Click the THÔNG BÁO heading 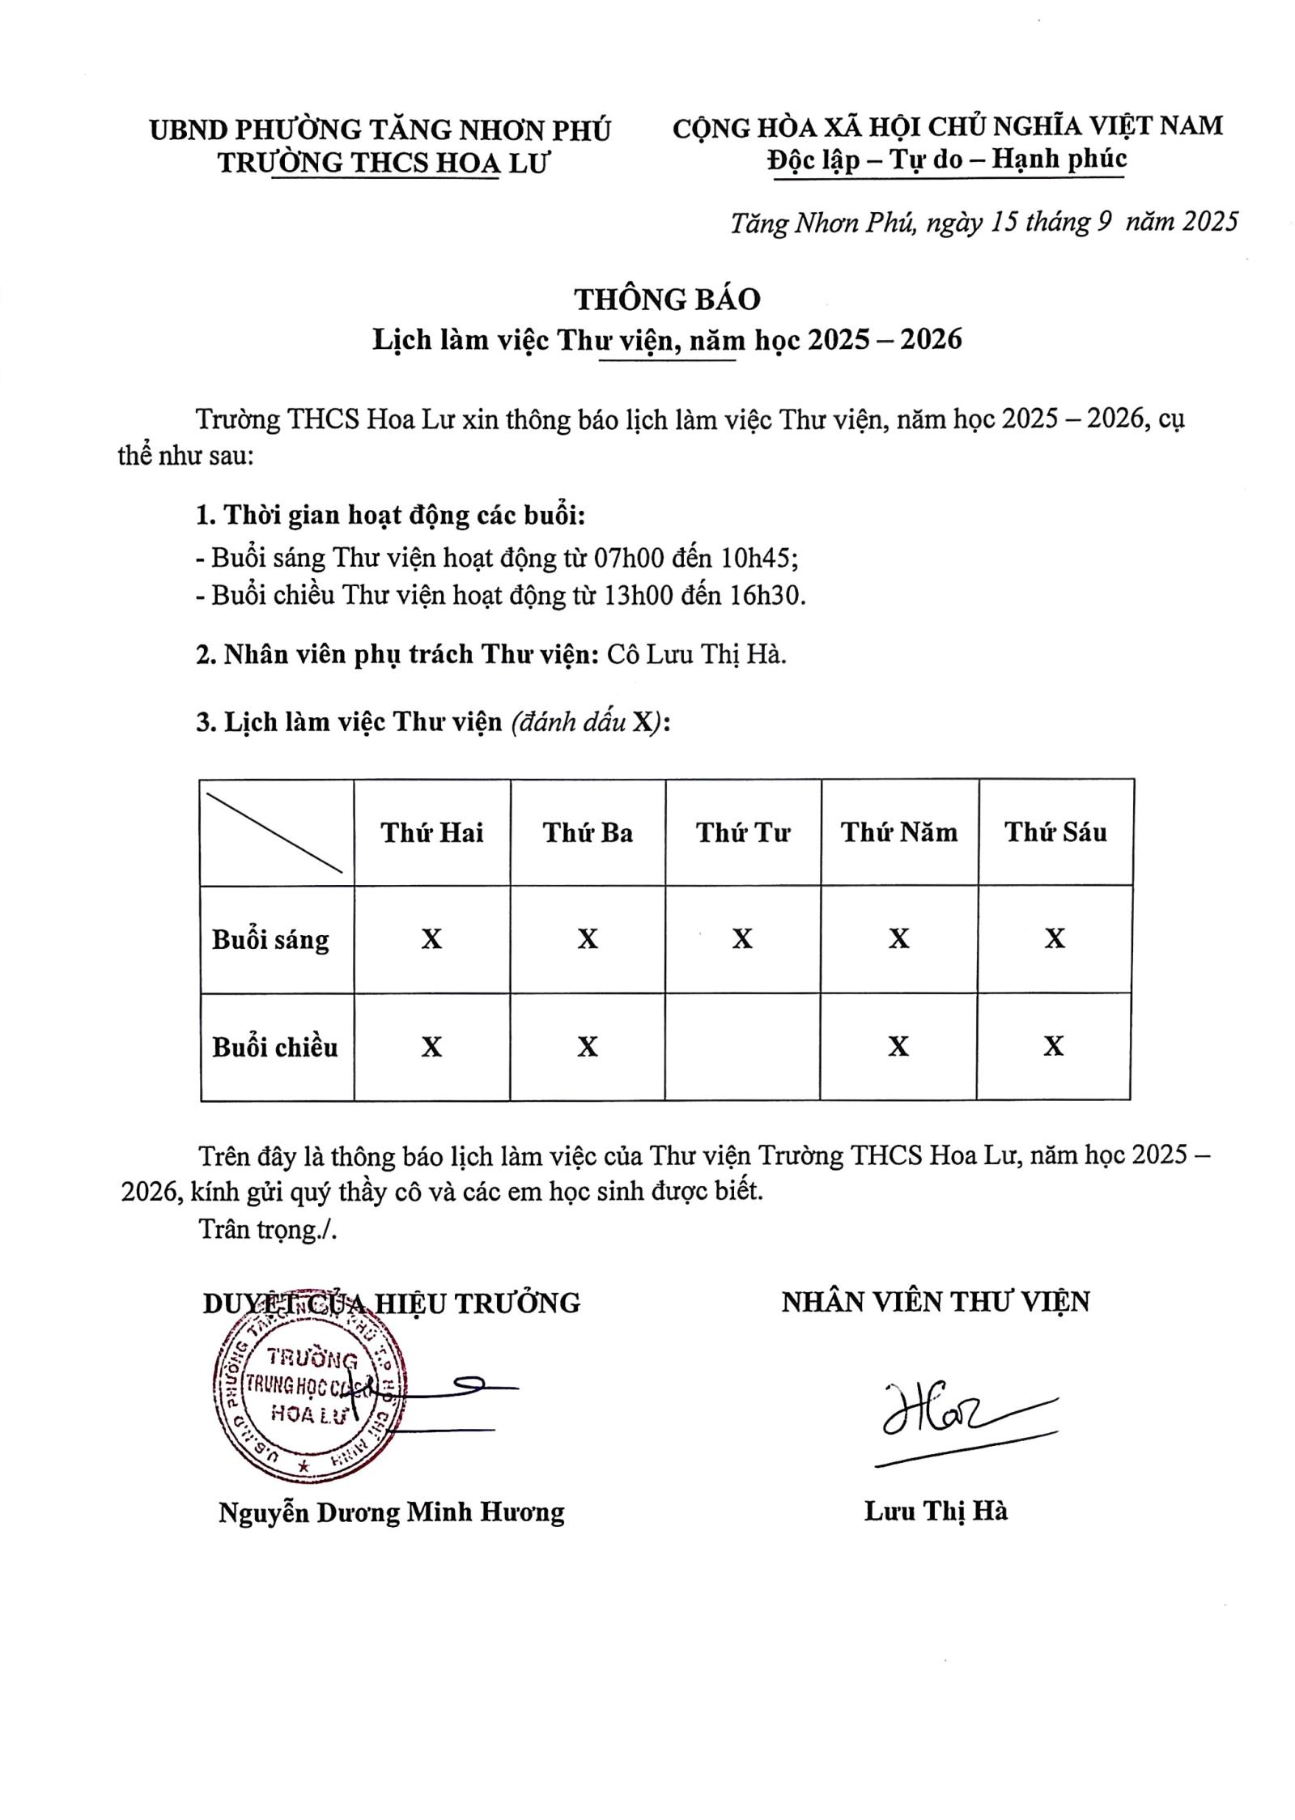[x=667, y=300]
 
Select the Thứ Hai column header [x=432, y=832]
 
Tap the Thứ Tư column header [x=742, y=832]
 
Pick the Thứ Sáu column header [x=1055, y=831]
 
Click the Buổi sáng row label [x=270, y=939]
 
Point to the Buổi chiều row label [x=274, y=1047]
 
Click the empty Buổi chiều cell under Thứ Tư [x=742, y=1046]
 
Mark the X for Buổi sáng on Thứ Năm [x=898, y=938]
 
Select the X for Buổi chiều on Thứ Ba [x=588, y=1047]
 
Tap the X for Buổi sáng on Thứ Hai [x=432, y=939]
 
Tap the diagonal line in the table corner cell [x=274, y=832]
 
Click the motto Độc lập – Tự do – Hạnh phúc [x=947, y=159]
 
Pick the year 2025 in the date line [x=1209, y=222]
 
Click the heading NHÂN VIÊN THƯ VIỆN [x=936, y=1302]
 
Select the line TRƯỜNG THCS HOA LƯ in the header [x=384, y=163]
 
